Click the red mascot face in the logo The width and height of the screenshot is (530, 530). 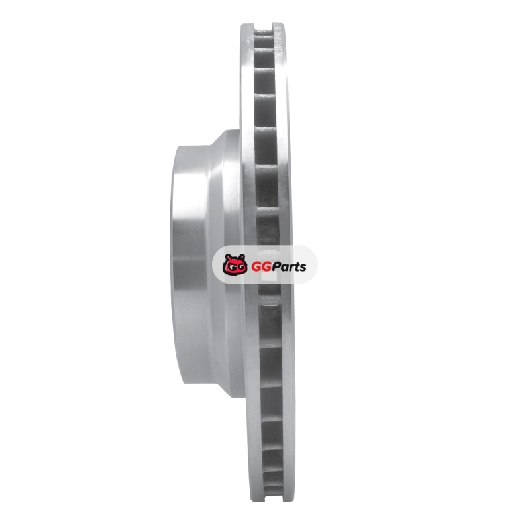tap(235, 264)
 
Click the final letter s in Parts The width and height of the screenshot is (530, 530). tap(303, 268)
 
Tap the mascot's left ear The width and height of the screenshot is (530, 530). tap(228, 257)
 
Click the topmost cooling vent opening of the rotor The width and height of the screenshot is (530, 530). tap(263, 32)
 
